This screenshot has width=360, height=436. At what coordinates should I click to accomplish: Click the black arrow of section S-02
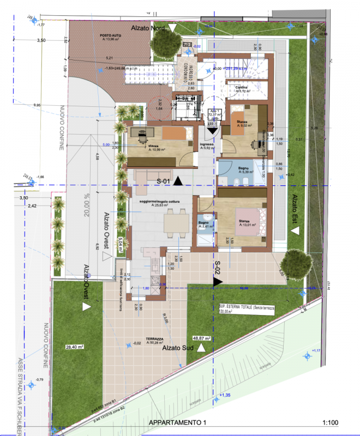pos(217,282)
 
